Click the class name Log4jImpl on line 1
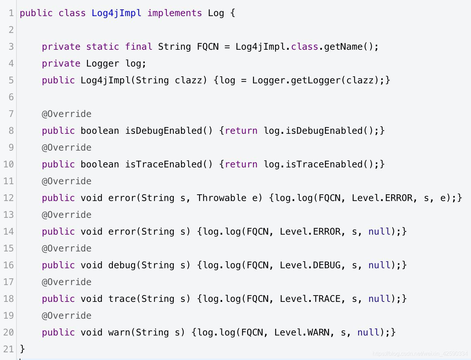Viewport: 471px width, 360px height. pos(116,13)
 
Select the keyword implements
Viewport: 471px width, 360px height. pos(175,13)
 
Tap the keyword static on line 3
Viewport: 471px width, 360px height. pos(102,47)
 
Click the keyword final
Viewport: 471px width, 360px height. pos(138,47)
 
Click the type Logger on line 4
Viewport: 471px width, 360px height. pos(102,64)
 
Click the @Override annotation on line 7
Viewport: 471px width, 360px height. pos(67,114)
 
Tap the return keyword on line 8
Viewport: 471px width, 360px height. pos(241,131)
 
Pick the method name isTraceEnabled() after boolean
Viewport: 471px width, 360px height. pos(169,165)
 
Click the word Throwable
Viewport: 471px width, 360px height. pos(221,198)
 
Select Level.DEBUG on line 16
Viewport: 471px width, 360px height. pos(310,265)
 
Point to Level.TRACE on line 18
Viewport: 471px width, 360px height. pos(310,299)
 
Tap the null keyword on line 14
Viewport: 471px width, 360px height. pos(379,232)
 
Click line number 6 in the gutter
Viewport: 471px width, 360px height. pos(11,97)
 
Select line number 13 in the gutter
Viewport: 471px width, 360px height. pos(8,215)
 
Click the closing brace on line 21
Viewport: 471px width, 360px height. pos(22,349)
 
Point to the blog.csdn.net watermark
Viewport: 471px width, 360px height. pos(420,354)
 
